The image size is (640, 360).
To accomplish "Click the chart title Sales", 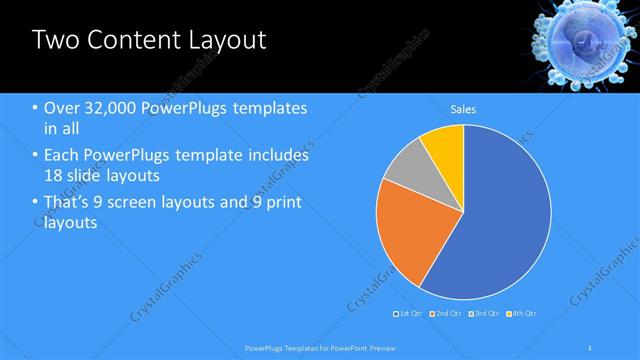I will (463, 108).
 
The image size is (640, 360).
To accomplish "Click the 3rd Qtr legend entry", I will (484, 315).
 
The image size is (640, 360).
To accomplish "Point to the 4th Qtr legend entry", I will (521, 315).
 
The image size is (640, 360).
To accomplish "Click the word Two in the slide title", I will (56, 41).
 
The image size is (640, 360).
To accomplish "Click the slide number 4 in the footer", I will (591, 347).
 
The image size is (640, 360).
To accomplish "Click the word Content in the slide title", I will (131, 41).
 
